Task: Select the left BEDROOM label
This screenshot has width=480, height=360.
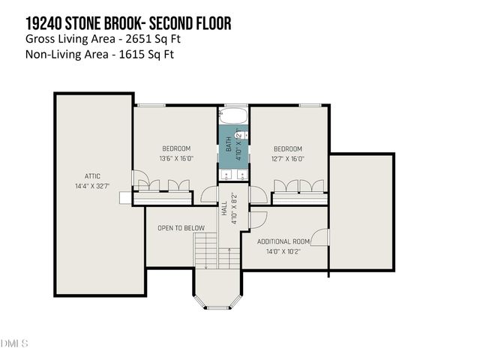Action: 176,148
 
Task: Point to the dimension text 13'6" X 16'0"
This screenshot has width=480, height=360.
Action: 176,158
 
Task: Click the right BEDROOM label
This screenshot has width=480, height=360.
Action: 287,148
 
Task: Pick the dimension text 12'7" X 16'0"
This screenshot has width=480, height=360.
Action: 287,158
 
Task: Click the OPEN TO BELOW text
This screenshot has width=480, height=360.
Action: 181,228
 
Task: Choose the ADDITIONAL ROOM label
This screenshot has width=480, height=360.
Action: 283,241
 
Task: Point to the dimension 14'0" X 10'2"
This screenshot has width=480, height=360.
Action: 283,250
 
